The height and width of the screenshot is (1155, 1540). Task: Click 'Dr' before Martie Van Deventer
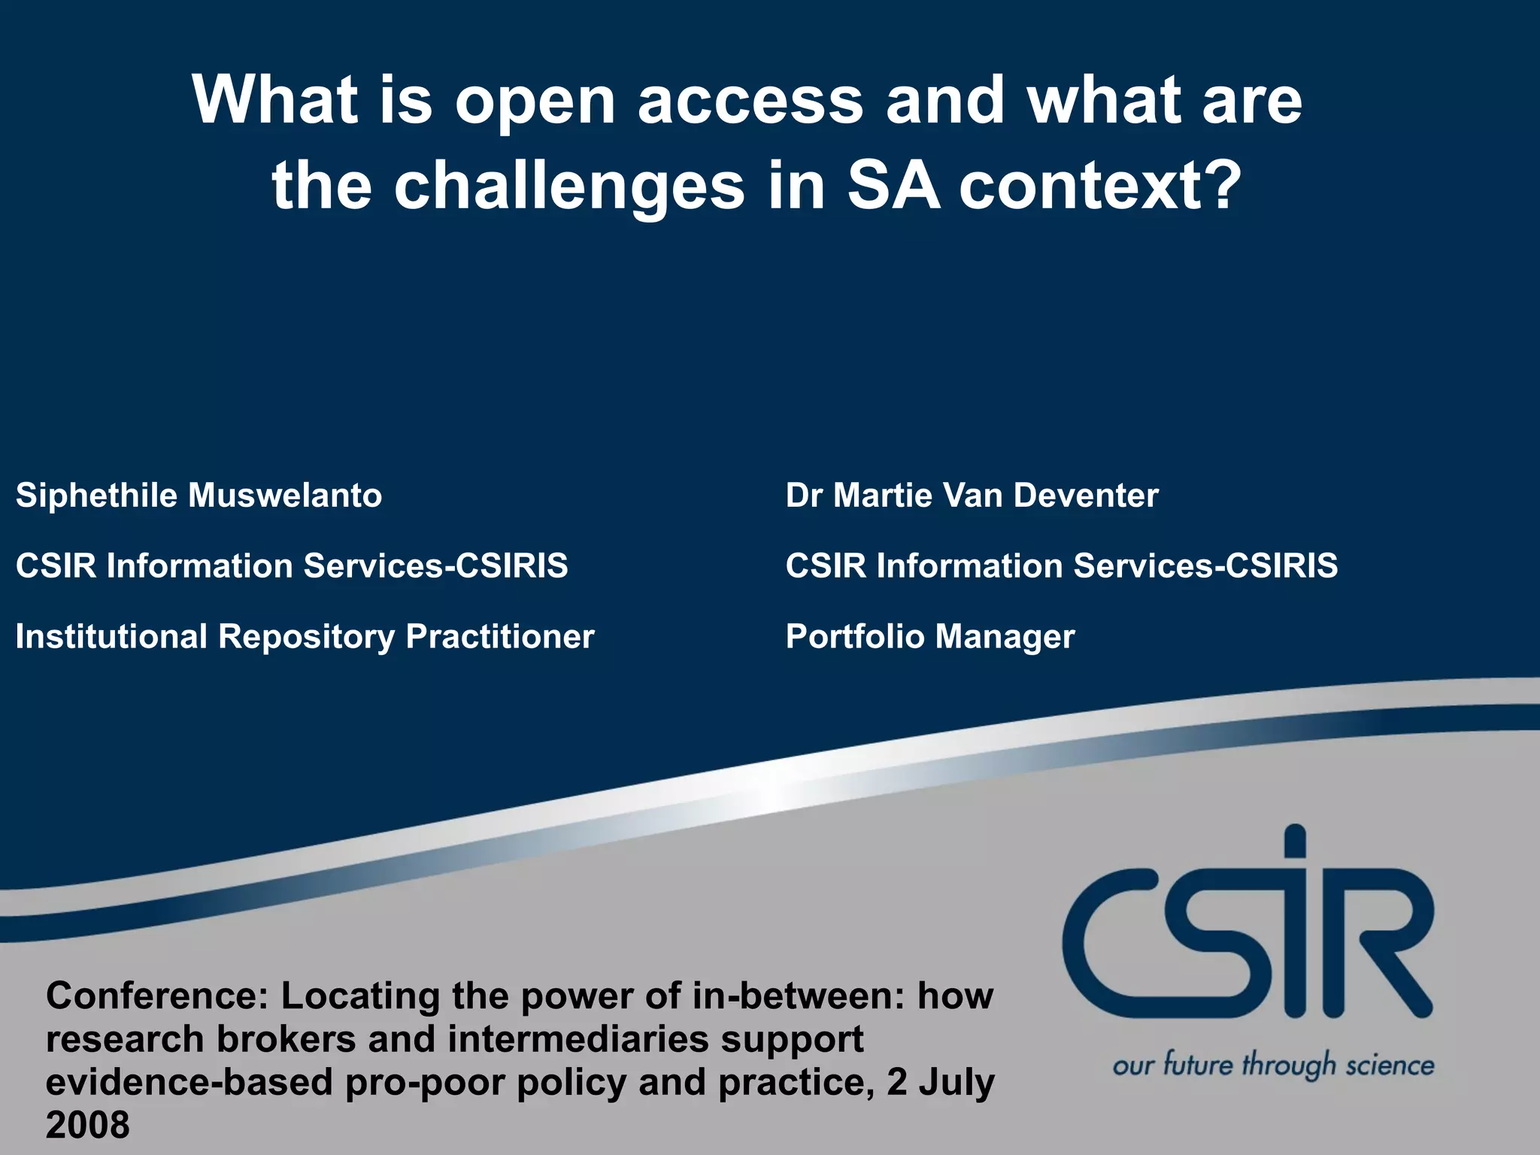click(x=803, y=496)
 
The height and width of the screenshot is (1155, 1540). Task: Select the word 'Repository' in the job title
click(x=306, y=638)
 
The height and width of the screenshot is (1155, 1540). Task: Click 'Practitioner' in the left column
click(x=500, y=636)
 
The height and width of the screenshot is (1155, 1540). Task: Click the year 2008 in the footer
click(x=88, y=1126)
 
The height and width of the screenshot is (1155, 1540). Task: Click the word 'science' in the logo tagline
click(x=1390, y=1066)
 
